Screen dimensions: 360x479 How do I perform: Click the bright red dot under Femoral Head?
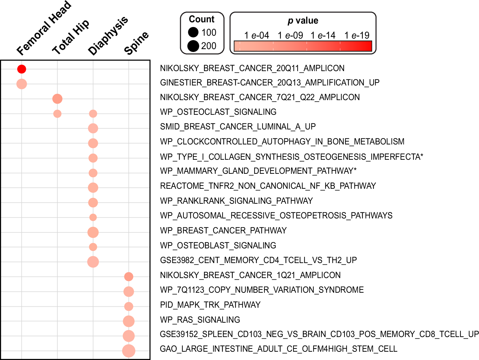(22, 69)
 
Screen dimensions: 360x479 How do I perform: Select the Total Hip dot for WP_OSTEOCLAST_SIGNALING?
(57, 114)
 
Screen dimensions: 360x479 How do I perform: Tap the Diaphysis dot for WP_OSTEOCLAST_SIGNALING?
(93, 114)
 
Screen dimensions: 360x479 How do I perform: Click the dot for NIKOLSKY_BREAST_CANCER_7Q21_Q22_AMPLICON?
(57, 99)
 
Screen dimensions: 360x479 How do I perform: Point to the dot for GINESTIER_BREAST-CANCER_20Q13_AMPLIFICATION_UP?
(22, 84)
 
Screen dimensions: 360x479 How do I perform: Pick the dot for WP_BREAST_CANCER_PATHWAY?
(93, 232)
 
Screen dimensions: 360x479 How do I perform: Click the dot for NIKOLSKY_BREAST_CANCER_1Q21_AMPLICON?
(129, 276)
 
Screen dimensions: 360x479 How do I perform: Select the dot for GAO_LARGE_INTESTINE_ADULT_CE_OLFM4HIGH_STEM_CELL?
(129, 351)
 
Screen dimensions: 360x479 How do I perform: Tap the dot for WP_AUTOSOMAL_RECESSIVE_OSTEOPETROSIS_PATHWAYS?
(93, 217)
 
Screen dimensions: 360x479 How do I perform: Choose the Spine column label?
(136, 43)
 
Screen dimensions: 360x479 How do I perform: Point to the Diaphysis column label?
(108, 36)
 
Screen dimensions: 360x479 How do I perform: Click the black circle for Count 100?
(193, 32)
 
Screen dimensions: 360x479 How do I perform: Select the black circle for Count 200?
(193, 46)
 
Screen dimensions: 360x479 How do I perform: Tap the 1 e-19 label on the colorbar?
(357, 35)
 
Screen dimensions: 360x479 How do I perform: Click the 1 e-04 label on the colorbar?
(257, 35)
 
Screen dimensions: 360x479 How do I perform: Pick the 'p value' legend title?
(303, 21)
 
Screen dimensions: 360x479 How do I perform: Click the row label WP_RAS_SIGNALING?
(200, 320)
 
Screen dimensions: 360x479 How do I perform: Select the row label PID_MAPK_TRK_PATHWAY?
(210, 305)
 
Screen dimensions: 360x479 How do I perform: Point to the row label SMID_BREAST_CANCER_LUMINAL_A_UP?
(238, 127)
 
